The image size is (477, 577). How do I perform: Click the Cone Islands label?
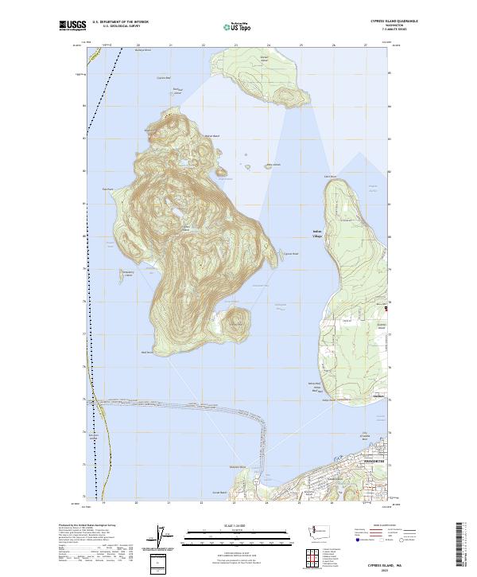[273, 165]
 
